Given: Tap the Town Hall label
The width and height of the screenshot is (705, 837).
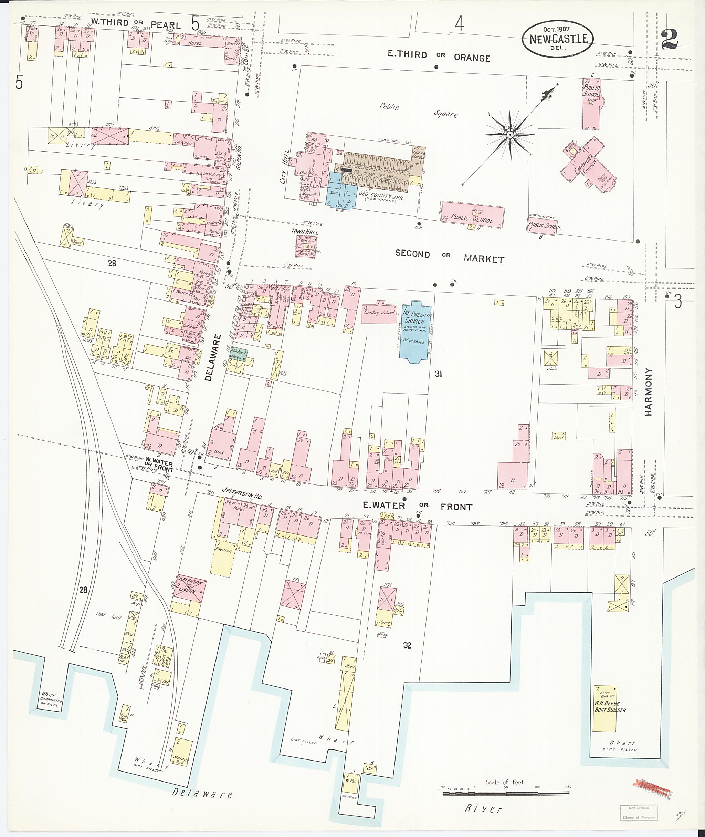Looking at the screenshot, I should [x=305, y=232].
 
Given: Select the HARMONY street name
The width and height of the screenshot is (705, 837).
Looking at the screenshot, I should [x=648, y=392].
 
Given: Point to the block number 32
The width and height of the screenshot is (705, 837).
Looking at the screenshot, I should [x=407, y=645].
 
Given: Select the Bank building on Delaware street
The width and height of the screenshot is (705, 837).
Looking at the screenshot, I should [x=222, y=445].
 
